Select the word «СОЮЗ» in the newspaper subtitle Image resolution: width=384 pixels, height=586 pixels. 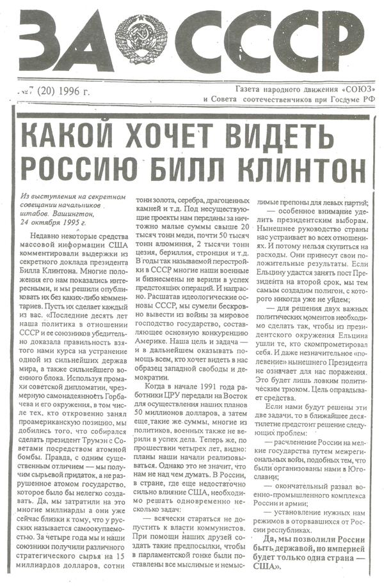click(358, 87)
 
